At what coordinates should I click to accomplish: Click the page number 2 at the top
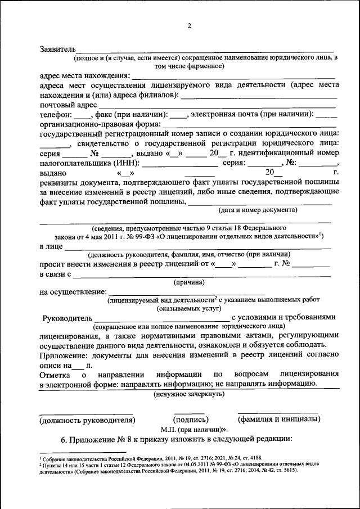coord(190,25)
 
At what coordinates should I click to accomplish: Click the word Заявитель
coord(57,50)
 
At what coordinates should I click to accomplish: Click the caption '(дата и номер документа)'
coord(257,210)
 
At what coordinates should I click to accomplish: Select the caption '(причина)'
coord(190,283)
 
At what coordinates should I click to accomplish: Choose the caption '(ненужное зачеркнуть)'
coord(190,394)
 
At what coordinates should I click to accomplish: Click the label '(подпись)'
coord(189,420)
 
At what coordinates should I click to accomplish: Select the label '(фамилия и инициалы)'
coord(278,420)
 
